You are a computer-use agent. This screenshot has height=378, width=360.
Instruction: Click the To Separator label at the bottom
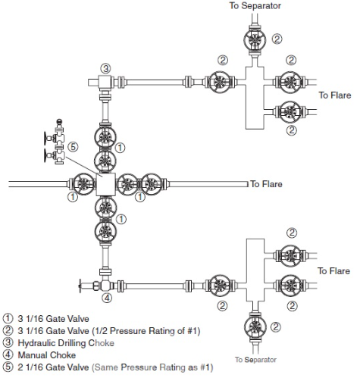click(255, 359)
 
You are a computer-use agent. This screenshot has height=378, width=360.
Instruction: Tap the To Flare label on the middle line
click(267, 184)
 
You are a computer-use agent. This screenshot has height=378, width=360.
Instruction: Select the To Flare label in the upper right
click(334, 95)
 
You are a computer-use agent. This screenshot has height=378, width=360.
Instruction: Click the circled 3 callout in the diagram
click(106, 69)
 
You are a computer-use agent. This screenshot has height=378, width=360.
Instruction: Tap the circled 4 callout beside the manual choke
click(107, 297)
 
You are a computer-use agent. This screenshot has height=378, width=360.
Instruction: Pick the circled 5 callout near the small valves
click(73, 146)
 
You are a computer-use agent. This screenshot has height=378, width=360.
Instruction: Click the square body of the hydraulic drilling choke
click(104, 82)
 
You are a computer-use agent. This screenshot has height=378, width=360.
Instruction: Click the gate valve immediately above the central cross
click(105, 161)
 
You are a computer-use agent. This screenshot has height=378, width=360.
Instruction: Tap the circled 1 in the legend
click(8, 319)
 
